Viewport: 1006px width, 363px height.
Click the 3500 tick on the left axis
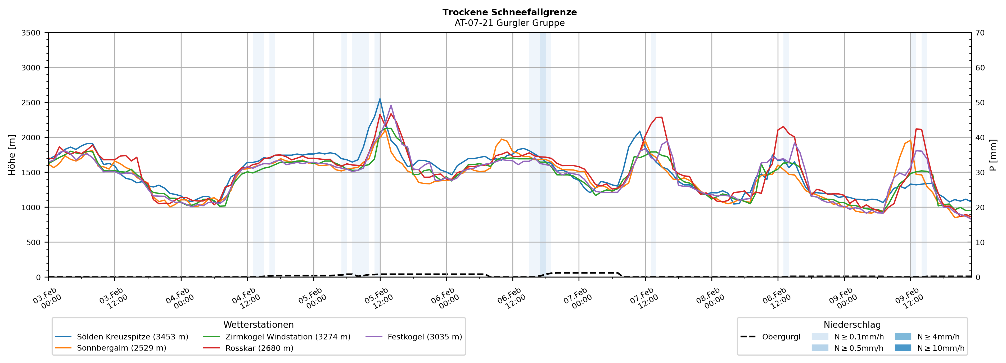pos(31,33)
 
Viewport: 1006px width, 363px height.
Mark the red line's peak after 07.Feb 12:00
pos(660,117)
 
